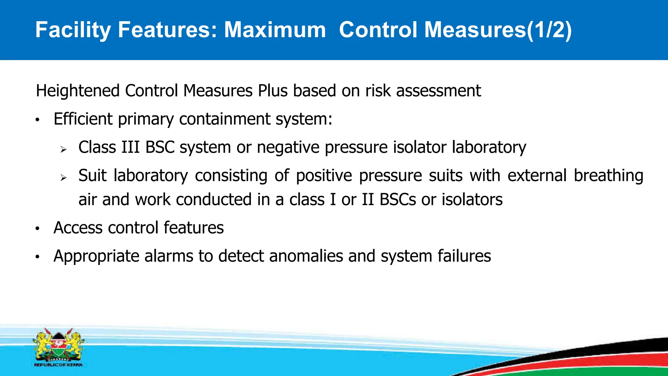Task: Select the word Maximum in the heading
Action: click(275, 30)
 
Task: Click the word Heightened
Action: click(78, 91)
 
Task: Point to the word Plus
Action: click(273, 91)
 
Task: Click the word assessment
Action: click(438, 91)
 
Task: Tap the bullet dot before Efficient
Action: click(38, 120)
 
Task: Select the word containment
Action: click(225, 119)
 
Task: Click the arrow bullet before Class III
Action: click(63, 149)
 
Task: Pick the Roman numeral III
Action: click(130, 147)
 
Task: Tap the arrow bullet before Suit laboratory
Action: click(63, 178)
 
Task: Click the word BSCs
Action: click(398, 199)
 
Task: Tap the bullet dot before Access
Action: click(38, 229)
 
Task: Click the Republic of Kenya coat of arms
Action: click(58, 347)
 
